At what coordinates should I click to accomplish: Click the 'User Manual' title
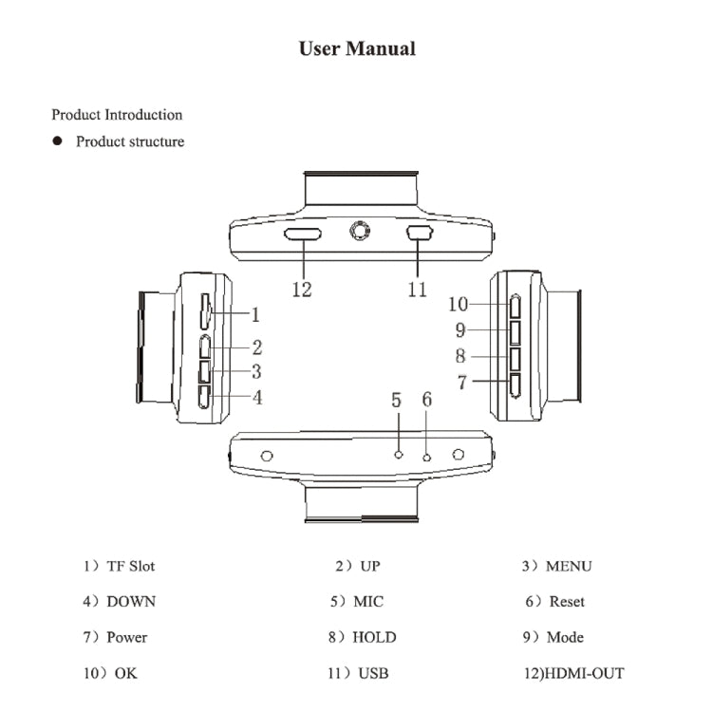coord(357,48)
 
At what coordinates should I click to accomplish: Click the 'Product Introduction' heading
coord(117,115)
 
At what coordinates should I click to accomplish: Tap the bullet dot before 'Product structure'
coord(57,141)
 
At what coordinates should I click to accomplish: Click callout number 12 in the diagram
coord(302,290)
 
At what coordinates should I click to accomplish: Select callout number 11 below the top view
coord(418,290)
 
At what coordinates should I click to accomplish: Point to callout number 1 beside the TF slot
coord(254,314)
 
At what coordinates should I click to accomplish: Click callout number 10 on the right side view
coord(459,305)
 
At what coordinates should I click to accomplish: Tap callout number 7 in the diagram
coord(462,382)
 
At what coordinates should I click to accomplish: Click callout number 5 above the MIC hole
coord(397,400)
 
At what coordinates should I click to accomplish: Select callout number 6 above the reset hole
coord(426,400)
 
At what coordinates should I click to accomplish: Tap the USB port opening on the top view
coord(420,233)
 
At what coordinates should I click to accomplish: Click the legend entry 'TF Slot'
coord(129,566)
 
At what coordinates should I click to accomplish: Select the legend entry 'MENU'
coord(568,566)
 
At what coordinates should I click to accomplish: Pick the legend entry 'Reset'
coord(566,602)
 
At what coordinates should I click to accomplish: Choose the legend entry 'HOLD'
coord(373,637)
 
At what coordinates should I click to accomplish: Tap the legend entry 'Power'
coord(126,637)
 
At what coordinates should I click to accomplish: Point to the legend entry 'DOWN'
coord(130,602)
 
